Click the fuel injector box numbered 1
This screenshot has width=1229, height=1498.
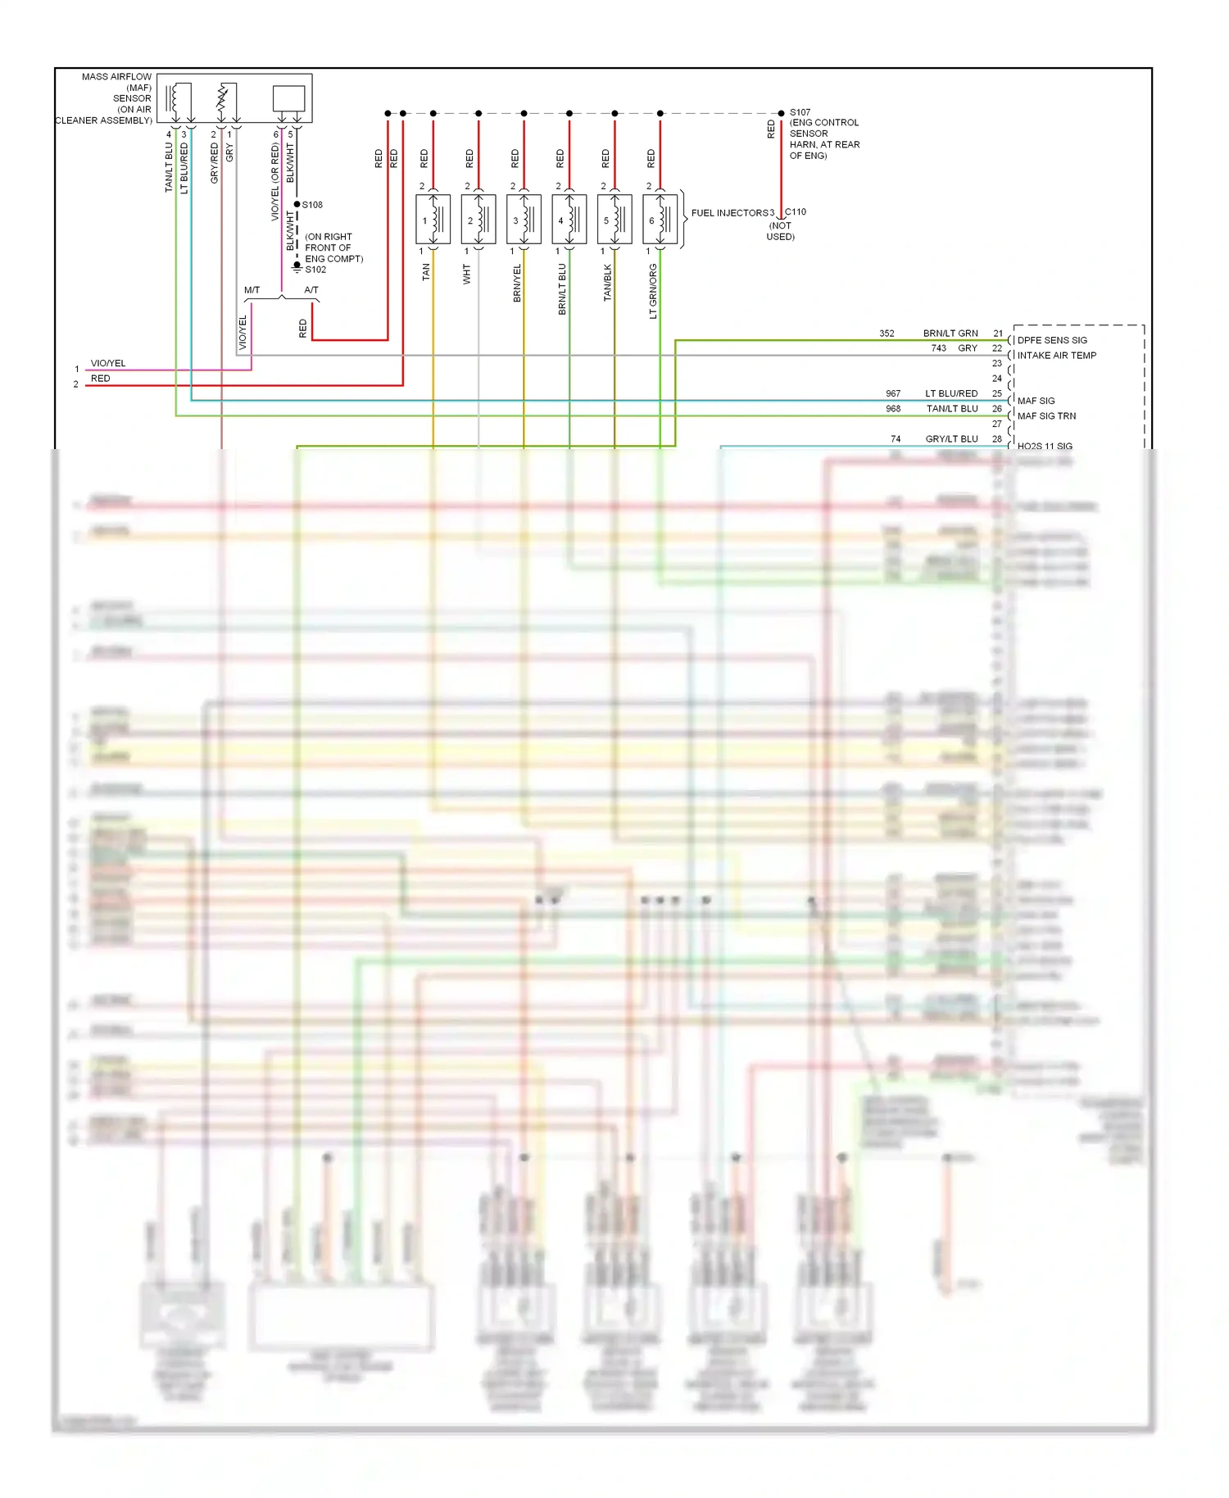click(x=433, y=220)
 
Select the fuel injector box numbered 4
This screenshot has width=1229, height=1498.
click(x=569, y=220)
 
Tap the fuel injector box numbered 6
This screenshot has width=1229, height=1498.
click(x=660, y=220)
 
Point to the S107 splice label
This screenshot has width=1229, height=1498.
click(x=800, y=112)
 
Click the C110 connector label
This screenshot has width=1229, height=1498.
click(x=796, y=211)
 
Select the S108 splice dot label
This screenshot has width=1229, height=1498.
click(x=312, y=205)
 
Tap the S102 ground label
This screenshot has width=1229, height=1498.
click(x=315, y=270)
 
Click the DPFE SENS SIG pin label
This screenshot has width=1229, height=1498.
click(x=1052, y=340)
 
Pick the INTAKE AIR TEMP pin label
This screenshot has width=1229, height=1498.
click(x=1056, y=356)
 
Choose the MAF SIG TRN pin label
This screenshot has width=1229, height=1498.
click(x=1046, y=416)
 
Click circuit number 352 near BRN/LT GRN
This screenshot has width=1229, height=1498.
click(x=887, y=334)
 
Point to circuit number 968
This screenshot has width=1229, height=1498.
click(x=892, y=409)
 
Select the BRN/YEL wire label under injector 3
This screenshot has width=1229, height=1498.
click(x=517, y=284)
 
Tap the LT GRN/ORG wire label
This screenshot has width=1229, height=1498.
click(x=653, y=291)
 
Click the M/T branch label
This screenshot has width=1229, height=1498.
click(x=252, y=290)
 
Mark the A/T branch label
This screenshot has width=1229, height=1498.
click(x=311, y=290)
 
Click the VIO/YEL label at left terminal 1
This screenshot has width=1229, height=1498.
click(x=108, y=363)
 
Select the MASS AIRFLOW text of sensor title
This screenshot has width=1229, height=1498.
click(x=116, y=77)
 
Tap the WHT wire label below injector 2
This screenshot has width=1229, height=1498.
click(x=467, y=274)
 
